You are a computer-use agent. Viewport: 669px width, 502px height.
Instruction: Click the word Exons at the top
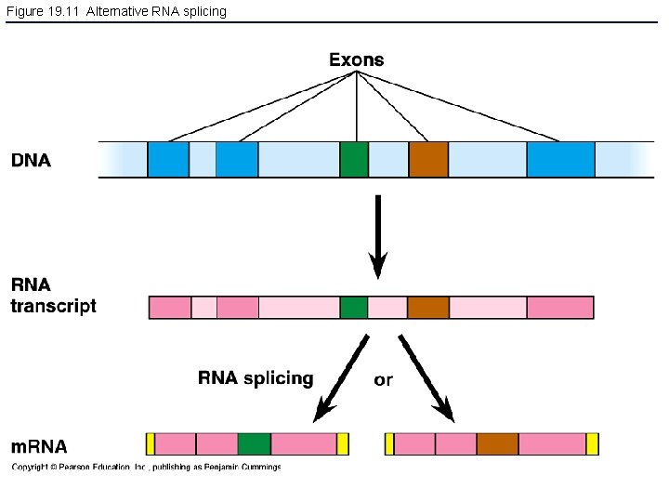point(356,59)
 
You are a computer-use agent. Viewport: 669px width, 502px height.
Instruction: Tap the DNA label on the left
point(31,160)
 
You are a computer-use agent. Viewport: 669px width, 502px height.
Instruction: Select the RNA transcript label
point(53,296)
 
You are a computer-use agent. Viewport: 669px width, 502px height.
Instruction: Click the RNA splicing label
point(256,378)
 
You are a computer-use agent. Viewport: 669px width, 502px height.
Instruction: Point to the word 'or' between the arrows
point(383,379)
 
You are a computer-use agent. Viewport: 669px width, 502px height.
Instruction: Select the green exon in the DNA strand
point(354,159)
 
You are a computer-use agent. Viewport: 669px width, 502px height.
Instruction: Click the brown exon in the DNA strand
point(428,159)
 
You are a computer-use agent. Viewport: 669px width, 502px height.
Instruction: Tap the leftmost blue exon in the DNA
point(168,159)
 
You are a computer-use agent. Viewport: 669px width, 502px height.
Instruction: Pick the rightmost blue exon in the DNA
point(560,159)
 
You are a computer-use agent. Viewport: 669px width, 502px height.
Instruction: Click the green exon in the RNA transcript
point(354,307)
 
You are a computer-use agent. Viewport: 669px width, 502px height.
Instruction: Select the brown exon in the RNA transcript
point(428,307)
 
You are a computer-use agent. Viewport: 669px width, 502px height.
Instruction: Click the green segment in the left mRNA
point(254,443)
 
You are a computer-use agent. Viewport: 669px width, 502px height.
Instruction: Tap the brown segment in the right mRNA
point(497,443)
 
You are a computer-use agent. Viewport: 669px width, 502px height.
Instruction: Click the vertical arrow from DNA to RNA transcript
point(378,236)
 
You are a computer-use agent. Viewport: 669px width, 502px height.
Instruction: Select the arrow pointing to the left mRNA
point(341,376)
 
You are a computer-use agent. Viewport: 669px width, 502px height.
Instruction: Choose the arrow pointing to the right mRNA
point(426,377)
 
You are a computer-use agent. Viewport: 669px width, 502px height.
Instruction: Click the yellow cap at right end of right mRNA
point(593,443)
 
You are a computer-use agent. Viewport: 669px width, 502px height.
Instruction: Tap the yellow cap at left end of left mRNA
point(151,443)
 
